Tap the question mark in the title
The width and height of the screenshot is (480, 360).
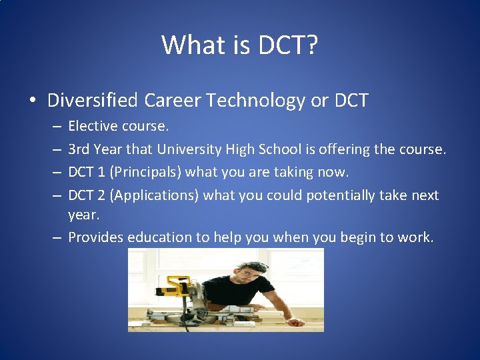[x=311, y=45]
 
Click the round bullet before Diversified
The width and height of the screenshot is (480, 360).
[x=32, y=101]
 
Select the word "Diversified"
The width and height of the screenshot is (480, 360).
[x=92, y=101]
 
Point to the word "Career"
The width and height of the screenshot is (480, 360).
[x=171, y=101]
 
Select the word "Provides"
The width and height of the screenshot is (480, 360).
[x=96, y=237]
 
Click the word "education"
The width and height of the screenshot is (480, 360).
[x=159, y=237]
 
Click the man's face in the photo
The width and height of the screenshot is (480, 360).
[x=249, y=273]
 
